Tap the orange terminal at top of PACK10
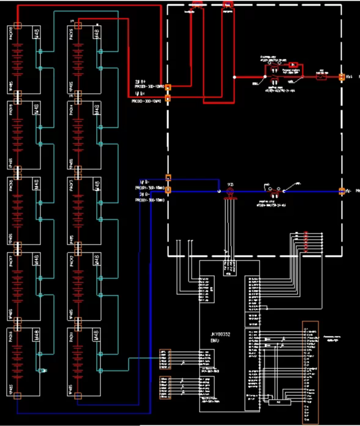tap(18, 26)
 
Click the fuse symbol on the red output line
tap(320, 77)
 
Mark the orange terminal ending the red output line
tap(341, 77)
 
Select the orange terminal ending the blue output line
tap(341, 191)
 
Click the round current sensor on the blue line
tap(231, 192)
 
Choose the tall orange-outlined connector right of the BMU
tap(310, 372)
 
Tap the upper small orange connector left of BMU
tap(163, 358)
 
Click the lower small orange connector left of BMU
tap(163, 387)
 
